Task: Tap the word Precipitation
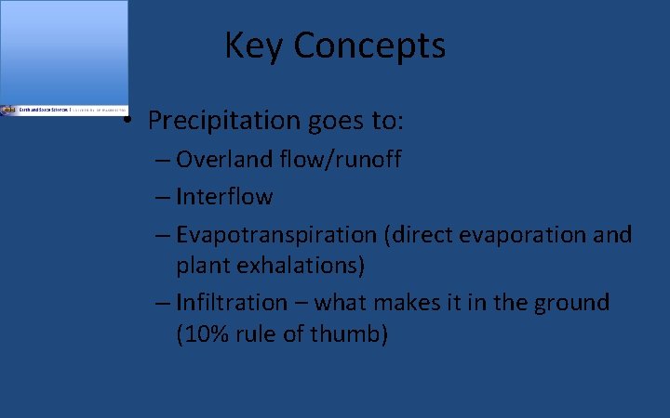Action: [x=218, y=121]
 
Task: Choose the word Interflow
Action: [x=224, y=197]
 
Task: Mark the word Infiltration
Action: [x=232, y=302]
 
